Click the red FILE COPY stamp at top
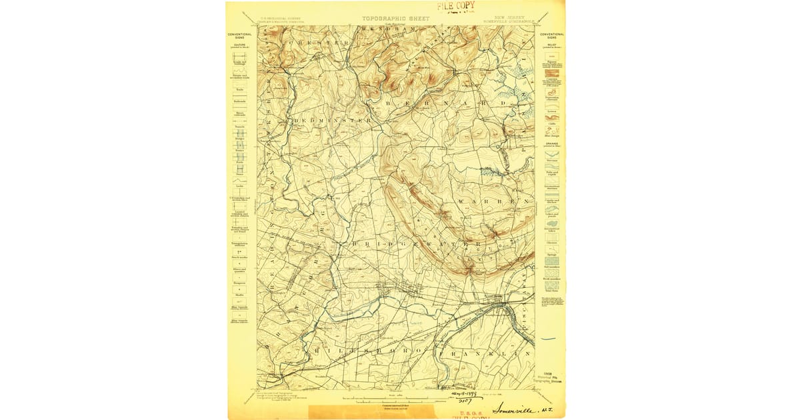click(x=456, y=6)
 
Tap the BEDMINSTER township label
click(x=331, y=121)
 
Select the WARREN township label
click(x=493, y=201)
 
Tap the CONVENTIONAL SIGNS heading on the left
click(x=239, y=35)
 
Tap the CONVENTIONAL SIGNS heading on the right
click(x=552, y=35)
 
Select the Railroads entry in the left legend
click(x=239, y=100)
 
